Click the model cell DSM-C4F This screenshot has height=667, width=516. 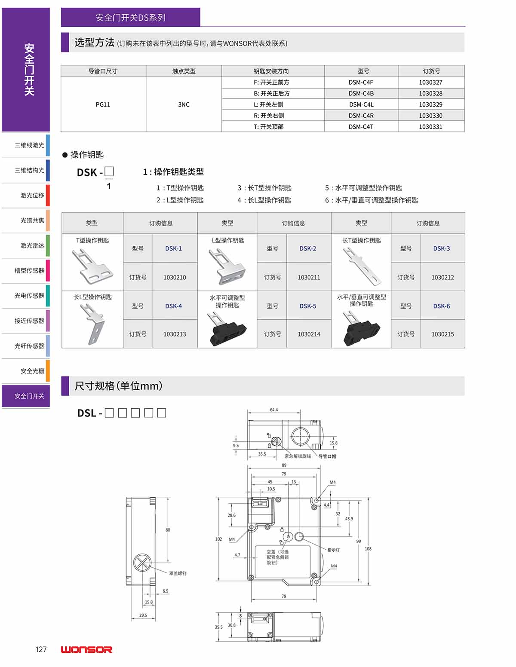pos(361,82)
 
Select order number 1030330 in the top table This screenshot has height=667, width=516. pos(430,116)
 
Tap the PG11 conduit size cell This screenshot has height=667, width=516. pos(103,104)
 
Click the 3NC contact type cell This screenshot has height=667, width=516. pos(184,104)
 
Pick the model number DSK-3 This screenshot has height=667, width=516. pos(441,248)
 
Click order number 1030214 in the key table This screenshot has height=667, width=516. pos(309,334)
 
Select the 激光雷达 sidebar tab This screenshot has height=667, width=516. pos(29,245)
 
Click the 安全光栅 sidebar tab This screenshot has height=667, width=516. pos(29,371)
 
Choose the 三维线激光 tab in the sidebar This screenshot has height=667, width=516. pos(29,145)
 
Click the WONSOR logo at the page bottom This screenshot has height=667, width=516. pos(86,649)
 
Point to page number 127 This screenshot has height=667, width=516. pos(41,649)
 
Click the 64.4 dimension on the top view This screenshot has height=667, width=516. pos(274,410)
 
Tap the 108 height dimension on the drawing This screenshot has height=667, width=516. pos(368,549)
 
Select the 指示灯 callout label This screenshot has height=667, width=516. pos(333,550)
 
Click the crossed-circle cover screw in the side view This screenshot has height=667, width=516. pos(142,563)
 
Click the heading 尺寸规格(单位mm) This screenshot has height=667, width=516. pos(118,386)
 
